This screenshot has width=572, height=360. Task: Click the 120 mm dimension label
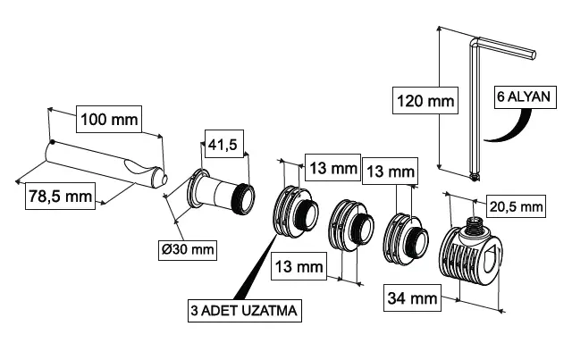tap(425, 101)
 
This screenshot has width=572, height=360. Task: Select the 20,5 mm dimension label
tap(517, 207)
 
